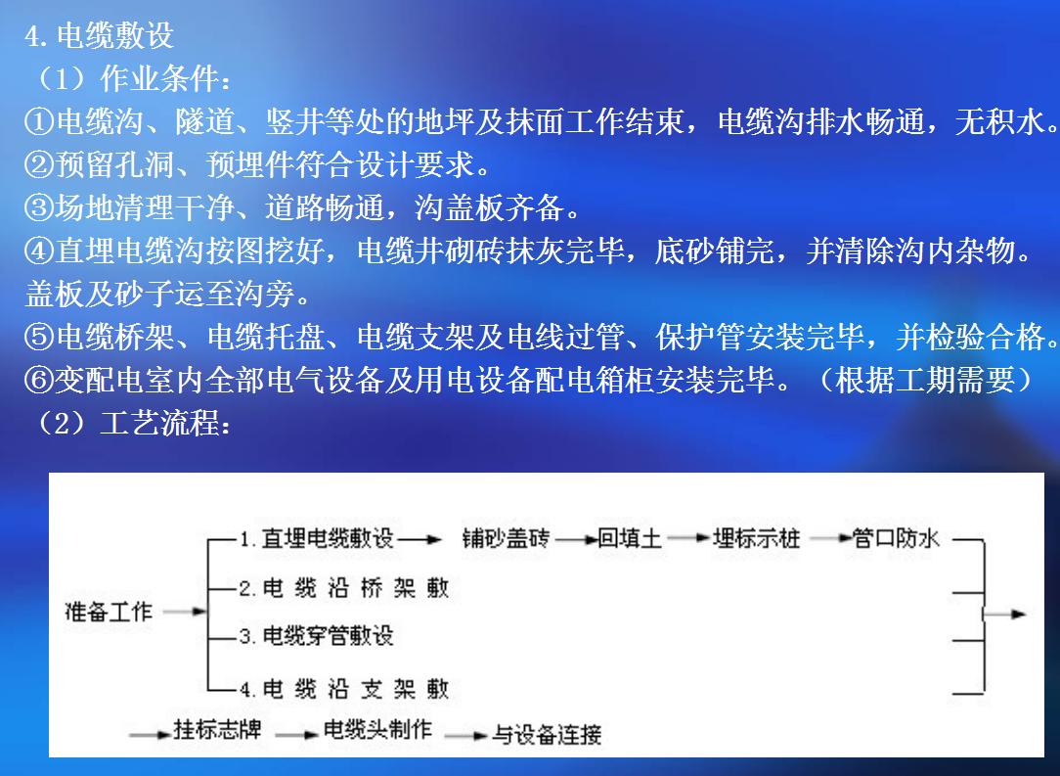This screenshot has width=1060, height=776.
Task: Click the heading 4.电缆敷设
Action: tap(99, 35)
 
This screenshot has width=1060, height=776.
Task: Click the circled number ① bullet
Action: tap(39, 122)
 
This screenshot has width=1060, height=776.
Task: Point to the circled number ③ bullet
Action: tap(39, 207)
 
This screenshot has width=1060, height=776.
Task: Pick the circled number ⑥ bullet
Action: tap(39, 381)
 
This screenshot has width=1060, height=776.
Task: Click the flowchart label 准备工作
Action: tap(109, 612)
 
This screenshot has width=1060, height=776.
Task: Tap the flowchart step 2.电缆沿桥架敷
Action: tap(343, 587)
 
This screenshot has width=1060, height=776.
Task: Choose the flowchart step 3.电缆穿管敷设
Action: tap(317, 635)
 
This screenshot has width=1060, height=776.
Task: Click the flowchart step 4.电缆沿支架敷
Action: tap(343, 689)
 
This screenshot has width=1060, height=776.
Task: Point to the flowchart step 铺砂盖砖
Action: tap(506, 538)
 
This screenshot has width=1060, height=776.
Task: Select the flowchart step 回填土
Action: tap(630, 538)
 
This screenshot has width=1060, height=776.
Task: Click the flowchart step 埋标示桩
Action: tap(757, 538)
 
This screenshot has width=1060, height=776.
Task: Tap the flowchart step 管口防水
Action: tap(895, 538)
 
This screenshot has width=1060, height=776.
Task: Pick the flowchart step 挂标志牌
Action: tap(217, 730)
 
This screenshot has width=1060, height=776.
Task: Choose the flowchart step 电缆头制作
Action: tap(376, 730)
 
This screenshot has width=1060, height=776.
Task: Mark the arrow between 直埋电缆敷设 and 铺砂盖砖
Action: tap(420, 539)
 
